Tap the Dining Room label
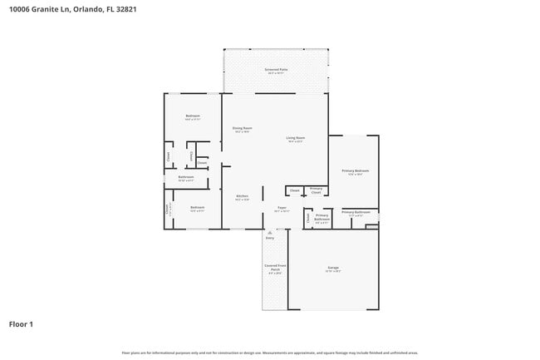(x=243, y=130)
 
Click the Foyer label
(x=282, y=209)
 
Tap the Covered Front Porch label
(x=275, y=268)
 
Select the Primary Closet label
(x=317, y=190)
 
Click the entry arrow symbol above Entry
(x=269, y=231)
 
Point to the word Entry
(x=269, y=239)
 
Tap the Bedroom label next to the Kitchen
(x=197, y=208)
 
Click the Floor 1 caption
(x=22, y=323)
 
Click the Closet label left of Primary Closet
(x=294, y=190)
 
